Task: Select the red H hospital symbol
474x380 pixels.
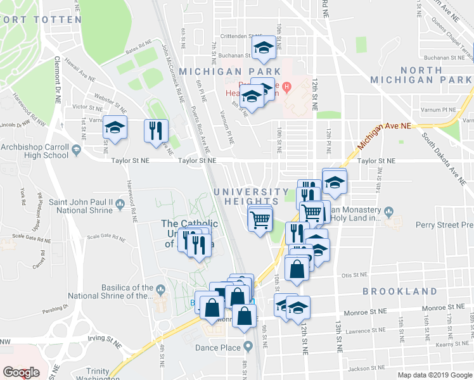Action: pyautogui.click(x=286, y=87)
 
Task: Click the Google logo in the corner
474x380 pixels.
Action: pyautogui.click(x=21, y=373)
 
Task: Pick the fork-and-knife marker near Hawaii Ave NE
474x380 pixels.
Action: pyautogui.click(x=157, y=130)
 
